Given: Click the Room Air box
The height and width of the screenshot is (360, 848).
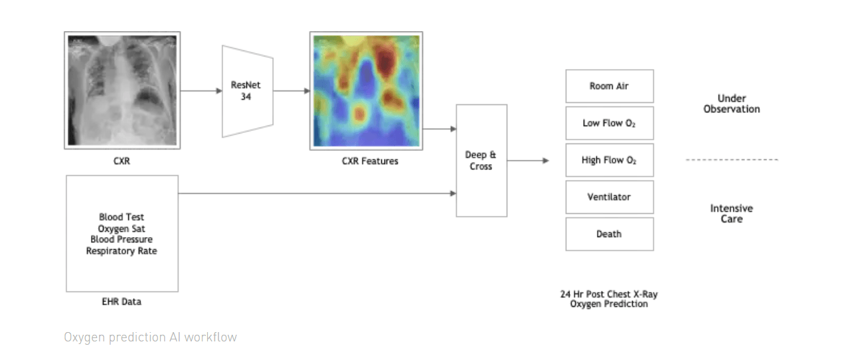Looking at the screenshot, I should tap(609, 86).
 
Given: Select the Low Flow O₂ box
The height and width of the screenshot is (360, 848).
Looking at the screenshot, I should tap(609, 123).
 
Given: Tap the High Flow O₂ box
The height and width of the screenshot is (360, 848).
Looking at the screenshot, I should tap(609, 160).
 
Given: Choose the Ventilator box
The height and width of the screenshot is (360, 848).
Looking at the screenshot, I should tap(609, 197).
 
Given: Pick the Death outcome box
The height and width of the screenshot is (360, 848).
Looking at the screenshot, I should tap(609, 234).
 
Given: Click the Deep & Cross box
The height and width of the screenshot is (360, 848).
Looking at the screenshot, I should tap(481, 161).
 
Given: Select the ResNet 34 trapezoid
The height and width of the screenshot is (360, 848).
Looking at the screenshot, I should tap(247, 91).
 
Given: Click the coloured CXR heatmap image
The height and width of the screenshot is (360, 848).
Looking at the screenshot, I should tap(366, 90).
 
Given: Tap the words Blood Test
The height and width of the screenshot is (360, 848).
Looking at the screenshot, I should tap(122, 217).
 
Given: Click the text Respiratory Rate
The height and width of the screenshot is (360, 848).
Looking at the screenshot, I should tap(122, 251).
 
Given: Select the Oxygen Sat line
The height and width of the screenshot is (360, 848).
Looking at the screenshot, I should tap(122, 228).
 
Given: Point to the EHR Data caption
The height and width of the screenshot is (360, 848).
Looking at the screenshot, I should tap(121, 302).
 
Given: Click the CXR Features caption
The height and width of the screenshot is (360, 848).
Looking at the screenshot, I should tap(365, 161).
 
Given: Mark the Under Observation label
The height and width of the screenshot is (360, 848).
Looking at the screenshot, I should tap(731, 104).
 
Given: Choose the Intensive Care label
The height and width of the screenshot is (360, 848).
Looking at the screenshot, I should tap(731, 213).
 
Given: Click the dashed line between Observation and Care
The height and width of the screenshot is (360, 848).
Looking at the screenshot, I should tap(731, 160).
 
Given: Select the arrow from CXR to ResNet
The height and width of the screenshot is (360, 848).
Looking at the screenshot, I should tap(201, 91).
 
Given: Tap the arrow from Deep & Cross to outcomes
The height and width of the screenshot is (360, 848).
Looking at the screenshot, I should tap(528, 161).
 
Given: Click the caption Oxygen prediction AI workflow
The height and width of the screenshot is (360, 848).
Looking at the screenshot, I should tap(150, 337).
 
